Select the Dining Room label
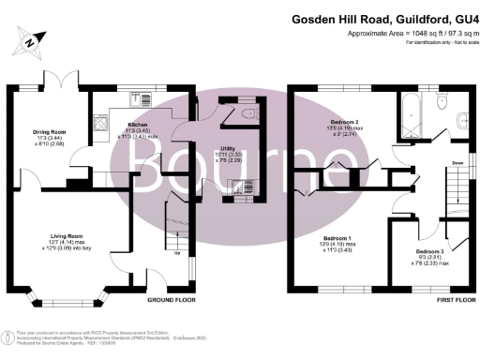tap(44, 132)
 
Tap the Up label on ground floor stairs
tap(177, 251)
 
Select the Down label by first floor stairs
tap(457, 162)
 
